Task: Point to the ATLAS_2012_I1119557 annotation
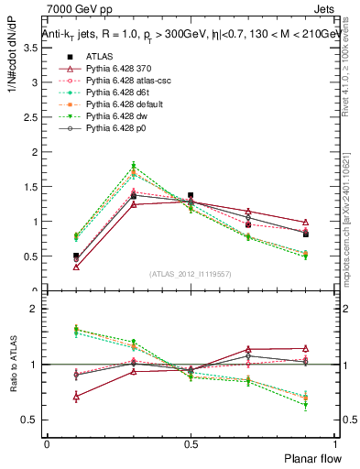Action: [x=190, y=274]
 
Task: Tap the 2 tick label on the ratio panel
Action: [x=36, y=309]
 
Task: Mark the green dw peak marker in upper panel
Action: [x=134, y=166]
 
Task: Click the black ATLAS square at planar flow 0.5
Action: [x=191, y=195]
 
